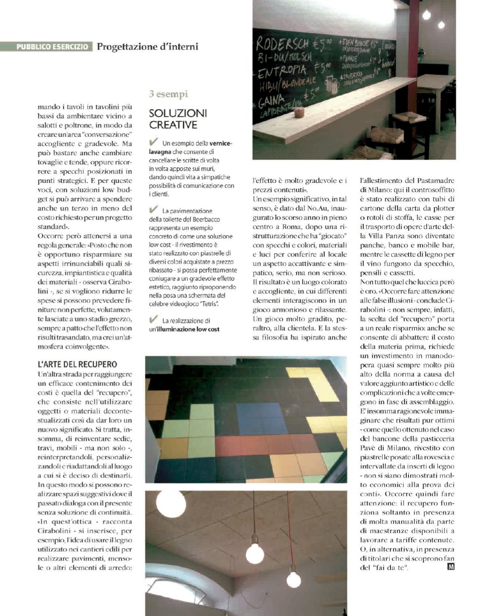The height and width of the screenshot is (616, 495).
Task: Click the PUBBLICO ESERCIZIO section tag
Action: click(x=52, y=47)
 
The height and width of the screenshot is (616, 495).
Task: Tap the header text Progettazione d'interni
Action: click(x=147, y=46)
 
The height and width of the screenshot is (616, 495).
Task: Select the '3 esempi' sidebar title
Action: click(x=168, y=94)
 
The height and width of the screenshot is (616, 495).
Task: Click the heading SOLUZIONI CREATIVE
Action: click(x=177, y=119)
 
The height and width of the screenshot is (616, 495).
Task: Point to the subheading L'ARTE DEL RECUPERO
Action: click(x=77, y=364)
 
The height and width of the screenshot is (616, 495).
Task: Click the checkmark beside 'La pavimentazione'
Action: click(x=154, y=210)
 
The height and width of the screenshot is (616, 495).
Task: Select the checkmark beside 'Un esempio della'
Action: click(x=154, y=142)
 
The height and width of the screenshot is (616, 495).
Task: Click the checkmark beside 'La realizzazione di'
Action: click(x=154, y=319)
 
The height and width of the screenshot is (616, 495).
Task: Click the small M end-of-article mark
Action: click(x=451, y=567)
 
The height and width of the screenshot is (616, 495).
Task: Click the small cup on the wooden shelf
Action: click(x=300, y=113)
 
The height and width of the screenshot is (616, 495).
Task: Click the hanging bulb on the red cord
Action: click(x=293, y=579)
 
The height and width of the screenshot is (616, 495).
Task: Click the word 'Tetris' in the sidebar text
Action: click(x=209, y=304)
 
